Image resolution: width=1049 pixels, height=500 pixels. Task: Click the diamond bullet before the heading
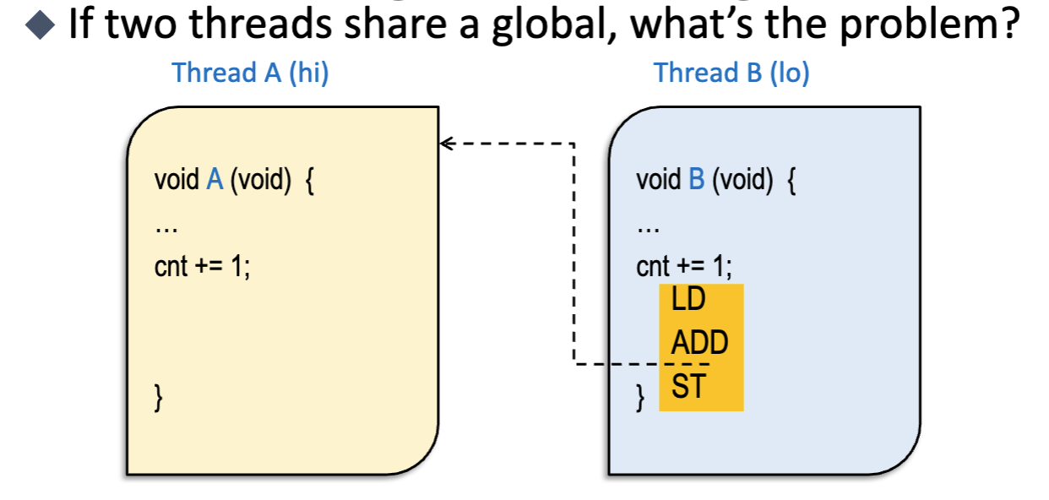tap(40, 24)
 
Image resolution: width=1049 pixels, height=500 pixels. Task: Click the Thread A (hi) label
tap(250, 73)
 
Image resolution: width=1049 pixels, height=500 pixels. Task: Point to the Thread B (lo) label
tap(731, 73)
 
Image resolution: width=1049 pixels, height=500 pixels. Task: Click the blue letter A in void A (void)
tap(215, 180)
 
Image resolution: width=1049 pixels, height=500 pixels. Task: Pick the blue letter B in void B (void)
tap(697, 180)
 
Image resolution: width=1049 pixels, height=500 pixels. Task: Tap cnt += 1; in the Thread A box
tap(202, 267)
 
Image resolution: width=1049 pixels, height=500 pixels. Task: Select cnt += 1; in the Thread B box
tap(684, 267)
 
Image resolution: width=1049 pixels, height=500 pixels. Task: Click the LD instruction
tap(688, 299)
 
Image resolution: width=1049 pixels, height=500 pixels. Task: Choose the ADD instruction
tap(699, 343)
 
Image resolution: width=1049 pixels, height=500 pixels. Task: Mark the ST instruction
tap(688, 387)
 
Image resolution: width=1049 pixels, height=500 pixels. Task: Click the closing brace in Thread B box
tap(640, 397)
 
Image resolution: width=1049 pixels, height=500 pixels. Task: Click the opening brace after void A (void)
tap(309, 182)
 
